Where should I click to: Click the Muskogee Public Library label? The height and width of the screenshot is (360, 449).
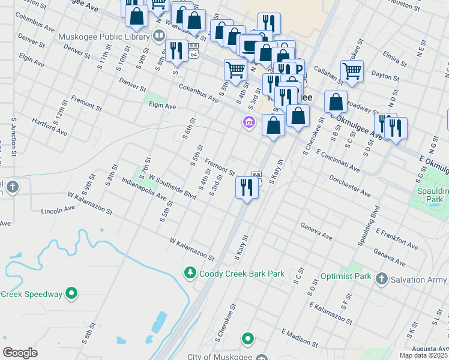pyautogui.click(x=104, y=37)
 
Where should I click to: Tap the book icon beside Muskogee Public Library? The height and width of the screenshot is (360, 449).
pyautogui.click(x=159, y=35)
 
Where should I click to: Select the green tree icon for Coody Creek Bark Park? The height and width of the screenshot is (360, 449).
pyautogui.click(x=190, y=273)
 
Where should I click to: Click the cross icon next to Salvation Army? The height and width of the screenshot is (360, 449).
pyautogui.click(x=381, y=279)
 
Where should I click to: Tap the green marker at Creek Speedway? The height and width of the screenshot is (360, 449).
pyautogui.click(x=71, y=294)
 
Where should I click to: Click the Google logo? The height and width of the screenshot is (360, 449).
pyautogui.click(x=20, y=353)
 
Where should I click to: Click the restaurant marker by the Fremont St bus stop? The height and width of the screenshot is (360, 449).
pyautogui.click(x=247, y=188)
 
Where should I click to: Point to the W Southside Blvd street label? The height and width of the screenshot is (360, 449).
pyautogui.click(x=173, y=188)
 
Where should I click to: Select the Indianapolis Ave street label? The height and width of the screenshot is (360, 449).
pyautogui.click(x=143, y=188)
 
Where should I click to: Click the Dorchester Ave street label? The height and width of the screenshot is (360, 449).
pyautogui.click(x=349, y=185)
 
